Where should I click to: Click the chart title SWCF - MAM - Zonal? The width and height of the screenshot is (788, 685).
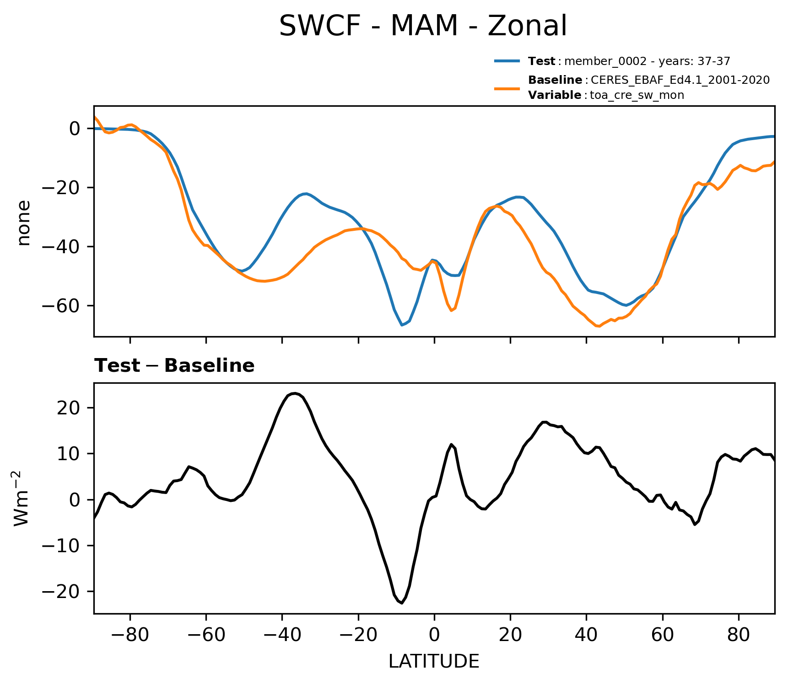423,26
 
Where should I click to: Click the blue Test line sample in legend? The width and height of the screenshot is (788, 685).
507,61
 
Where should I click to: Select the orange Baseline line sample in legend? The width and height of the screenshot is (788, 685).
507,88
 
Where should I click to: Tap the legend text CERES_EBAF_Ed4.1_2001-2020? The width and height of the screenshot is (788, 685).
680,80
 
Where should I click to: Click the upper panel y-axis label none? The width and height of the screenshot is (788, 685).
24,223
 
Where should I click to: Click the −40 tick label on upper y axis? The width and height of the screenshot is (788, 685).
61,246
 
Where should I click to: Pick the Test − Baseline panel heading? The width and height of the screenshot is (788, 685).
174,366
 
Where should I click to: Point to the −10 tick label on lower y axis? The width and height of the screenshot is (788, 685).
61,546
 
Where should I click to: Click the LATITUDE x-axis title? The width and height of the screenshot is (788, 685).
434,662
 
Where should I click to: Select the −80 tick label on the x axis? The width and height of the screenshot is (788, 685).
130,635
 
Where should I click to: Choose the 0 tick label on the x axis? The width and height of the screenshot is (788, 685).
434,635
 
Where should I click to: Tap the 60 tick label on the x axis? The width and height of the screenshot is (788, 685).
662,635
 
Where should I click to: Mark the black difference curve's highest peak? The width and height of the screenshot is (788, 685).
295,393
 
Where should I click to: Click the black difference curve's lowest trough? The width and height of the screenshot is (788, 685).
402,603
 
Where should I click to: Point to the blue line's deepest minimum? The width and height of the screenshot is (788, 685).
402,325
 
